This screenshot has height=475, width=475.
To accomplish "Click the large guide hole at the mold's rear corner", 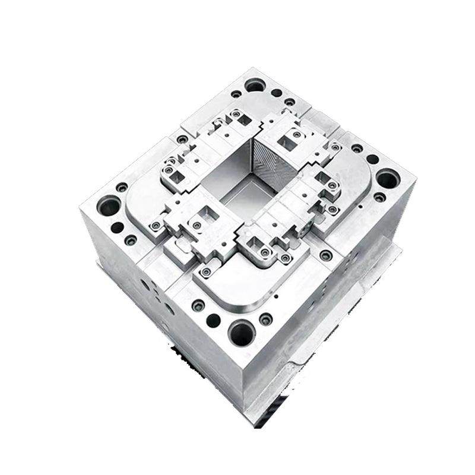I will click(x=255, y=85).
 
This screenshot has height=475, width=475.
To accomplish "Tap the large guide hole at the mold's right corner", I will click(x=387, y=178).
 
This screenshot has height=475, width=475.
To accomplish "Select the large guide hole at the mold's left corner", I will click(x=109, y=206).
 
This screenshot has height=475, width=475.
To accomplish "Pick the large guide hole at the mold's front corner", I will click(x=242, y=334).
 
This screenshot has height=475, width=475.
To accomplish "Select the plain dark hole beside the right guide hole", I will click(x=372, y=159).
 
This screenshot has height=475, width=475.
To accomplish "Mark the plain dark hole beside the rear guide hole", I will click(x=277, y=93).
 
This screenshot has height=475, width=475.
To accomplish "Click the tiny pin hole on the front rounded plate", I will click(x=276, y=295).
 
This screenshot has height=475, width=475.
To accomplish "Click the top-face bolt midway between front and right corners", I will click(x=325, y=255).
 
